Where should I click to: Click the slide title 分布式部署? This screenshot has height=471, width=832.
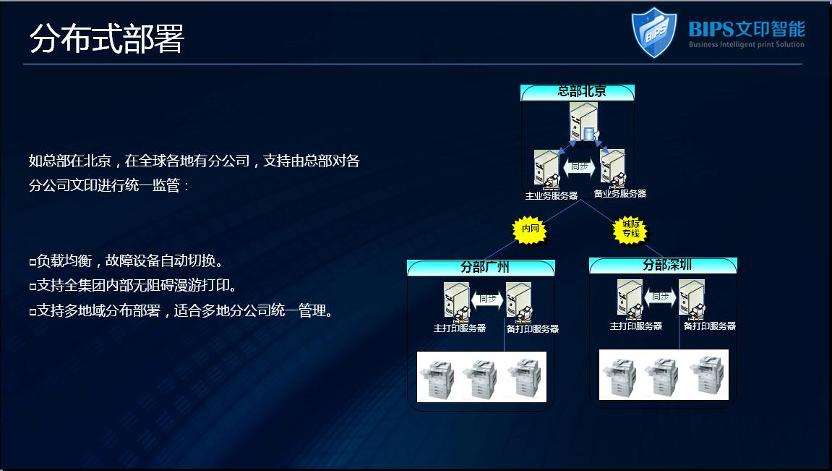107,38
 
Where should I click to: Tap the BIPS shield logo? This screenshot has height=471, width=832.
653,32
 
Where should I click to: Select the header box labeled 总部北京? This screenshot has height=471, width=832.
578,92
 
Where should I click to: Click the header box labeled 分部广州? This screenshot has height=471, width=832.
481,267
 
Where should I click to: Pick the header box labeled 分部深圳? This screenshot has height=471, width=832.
664,265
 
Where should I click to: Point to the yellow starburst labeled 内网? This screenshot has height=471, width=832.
530,229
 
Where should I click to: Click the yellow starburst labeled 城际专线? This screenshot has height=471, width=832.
630,229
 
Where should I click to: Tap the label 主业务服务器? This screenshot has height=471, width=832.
552,196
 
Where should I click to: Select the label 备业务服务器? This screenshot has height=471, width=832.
619,194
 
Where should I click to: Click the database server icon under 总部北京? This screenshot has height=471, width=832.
583,122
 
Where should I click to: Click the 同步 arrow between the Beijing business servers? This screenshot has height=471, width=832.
580,167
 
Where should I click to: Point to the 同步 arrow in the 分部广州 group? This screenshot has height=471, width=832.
487,299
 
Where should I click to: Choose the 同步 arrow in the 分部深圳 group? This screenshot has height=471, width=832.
660,297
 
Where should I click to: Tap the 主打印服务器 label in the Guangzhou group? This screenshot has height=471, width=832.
460,328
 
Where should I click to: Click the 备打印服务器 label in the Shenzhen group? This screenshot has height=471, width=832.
709,326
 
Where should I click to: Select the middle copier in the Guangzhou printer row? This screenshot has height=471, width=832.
480,378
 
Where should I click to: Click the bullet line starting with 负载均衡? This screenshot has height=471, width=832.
126,260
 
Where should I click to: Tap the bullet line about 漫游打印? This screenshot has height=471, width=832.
133,286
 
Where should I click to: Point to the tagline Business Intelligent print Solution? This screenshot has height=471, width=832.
746,45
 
